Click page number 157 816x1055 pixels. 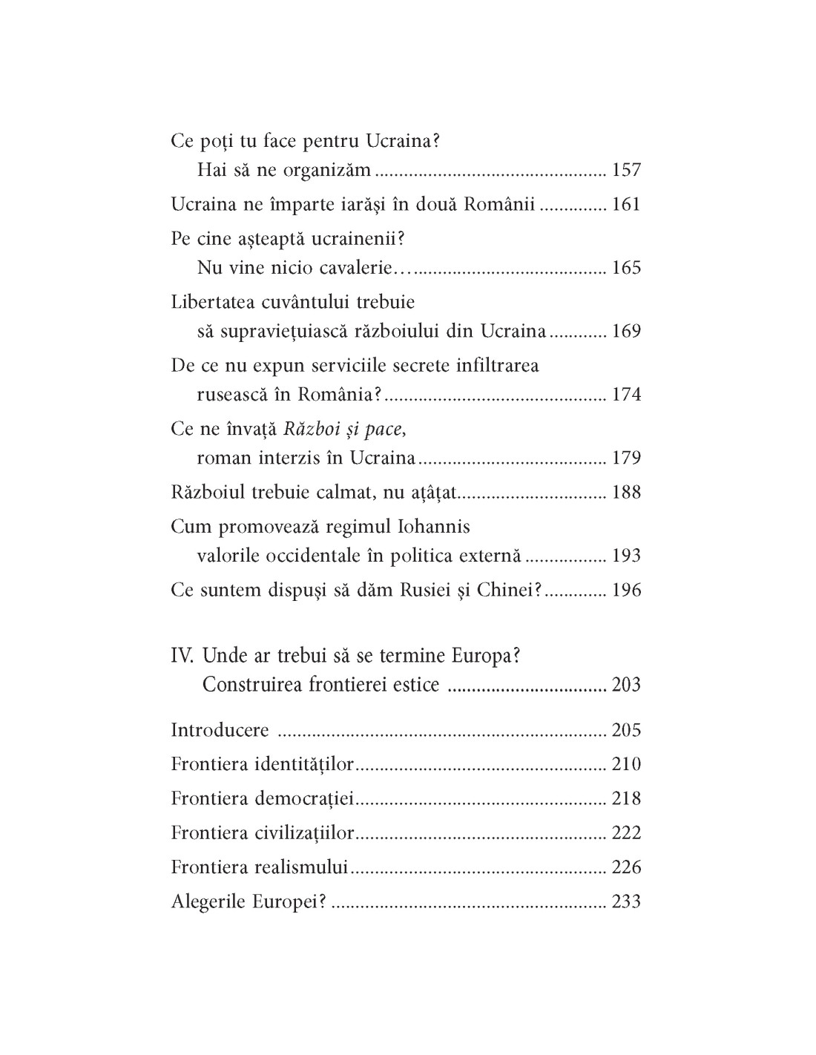click(626, 170)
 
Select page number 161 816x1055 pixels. click(626, 205)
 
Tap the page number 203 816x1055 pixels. click(626, 684)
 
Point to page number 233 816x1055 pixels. click(626, 901)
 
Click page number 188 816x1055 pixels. click(626, 492)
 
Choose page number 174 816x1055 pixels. click(626, 394)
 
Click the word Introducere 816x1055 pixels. click(220, 730)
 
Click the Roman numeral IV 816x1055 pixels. click(182, 657)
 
